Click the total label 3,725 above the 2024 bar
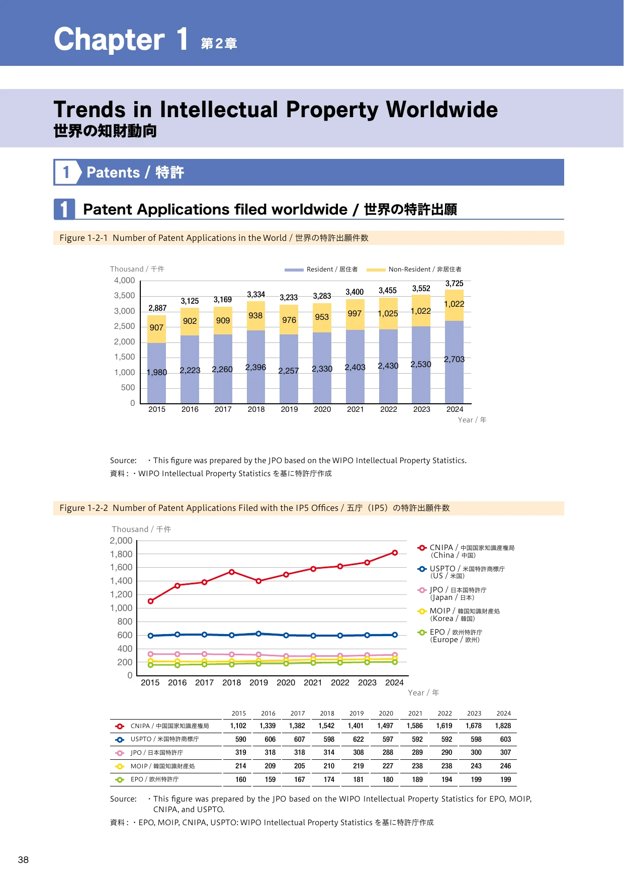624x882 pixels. [x=454, y=284]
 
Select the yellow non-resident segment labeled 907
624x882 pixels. [x=156, y=329]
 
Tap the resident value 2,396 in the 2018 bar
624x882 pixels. [x=255, y=368]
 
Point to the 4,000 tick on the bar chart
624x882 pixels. [x=124, y=281]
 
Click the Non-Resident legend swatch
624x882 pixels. [x=376, y=270]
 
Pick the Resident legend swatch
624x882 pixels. [x=294, y=270]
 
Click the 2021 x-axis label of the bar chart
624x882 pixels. [x=355, y=409]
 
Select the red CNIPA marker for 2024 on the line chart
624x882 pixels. [x=395, y=553]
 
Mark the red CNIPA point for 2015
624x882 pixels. [x=150, y=601]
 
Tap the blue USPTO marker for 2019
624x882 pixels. [x=258, y=634]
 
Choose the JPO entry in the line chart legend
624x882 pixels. [x=452, y=593]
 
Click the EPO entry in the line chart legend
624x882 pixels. [x=450, y=636]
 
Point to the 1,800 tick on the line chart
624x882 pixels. [x=121, y=554]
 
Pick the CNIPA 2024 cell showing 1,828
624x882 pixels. [x=503, y=726]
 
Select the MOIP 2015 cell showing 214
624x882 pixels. [x=241, y=766]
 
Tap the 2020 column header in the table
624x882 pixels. [x=386, y=713]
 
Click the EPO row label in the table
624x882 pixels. [x=154, y=779]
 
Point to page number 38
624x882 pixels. [x=23, y=860]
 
